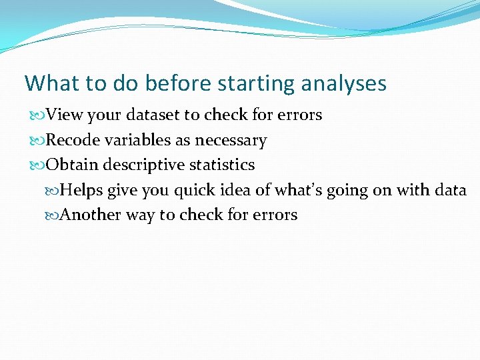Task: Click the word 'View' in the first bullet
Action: (65, 115)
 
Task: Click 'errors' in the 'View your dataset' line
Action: (298, 115)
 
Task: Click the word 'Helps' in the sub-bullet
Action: (82, 191)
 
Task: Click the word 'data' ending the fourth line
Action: (450, 191)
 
